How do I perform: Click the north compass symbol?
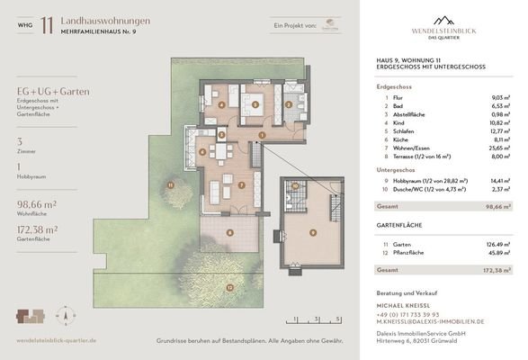pyautogui.click(x=64, y=316)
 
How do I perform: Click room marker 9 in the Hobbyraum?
pyautogui.click(x=312, y=231)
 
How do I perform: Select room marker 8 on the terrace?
pyautogui.click(x=229, y=232)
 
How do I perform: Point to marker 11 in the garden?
pyautogui.click(x=170, y=184)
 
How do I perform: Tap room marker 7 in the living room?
pyautogui.click(x=241, y=185)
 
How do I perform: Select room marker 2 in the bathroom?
pyautogui.click(x=290, y=104)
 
